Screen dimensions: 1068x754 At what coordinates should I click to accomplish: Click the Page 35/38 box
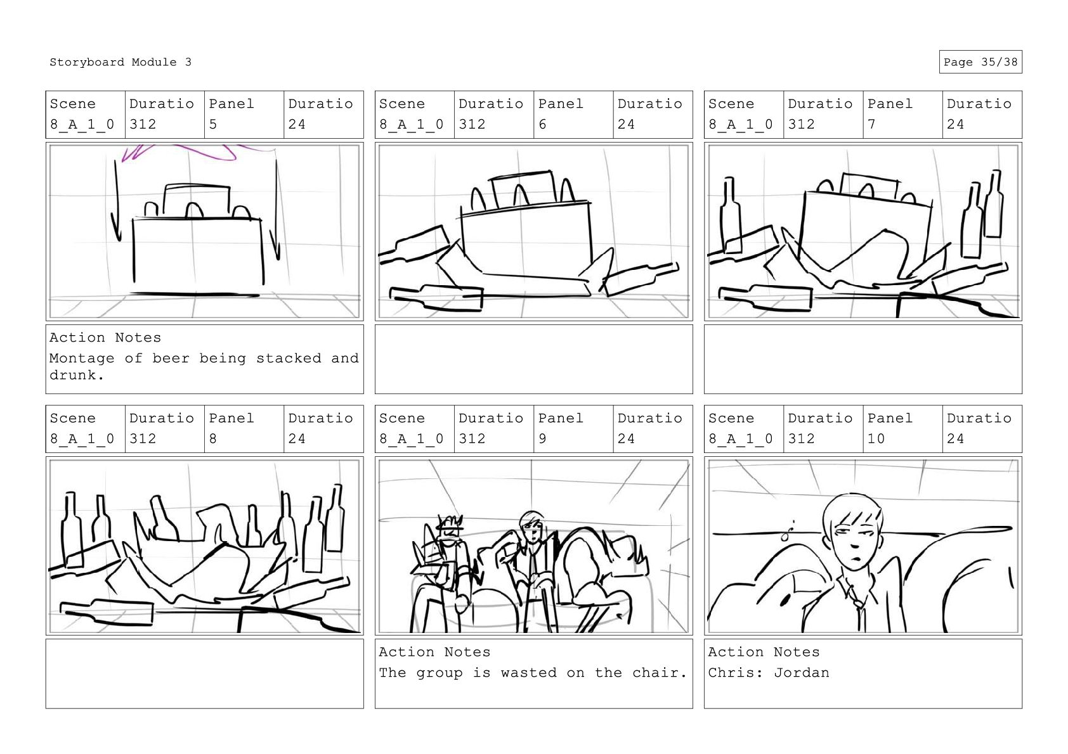click(980, 62)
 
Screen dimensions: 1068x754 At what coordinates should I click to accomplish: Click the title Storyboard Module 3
click(120, 62)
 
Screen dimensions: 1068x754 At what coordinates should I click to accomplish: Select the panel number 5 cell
click(244, 115)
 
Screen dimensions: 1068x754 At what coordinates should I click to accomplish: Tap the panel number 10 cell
click(902, 429)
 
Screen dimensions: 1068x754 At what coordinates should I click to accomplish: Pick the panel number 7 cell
click(902, 115)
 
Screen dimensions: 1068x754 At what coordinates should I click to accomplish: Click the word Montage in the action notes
click(82, 358)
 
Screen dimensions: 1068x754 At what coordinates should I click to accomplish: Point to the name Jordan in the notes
click(802, 672)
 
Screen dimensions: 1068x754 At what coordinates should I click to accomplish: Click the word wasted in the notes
click(528, 672)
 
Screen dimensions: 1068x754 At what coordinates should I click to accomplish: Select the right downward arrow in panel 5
click(276, 210)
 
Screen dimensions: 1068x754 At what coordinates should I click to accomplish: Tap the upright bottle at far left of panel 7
click(730, 214)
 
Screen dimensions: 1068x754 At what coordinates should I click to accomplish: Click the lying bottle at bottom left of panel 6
click(436, 298)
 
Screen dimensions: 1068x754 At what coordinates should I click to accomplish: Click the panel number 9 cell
click(573, 429)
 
